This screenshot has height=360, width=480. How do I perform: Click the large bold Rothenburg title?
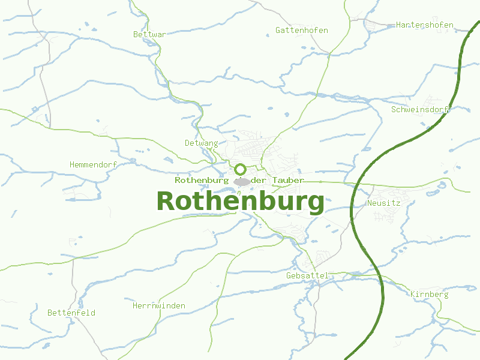240,202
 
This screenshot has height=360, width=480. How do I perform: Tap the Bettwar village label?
149,34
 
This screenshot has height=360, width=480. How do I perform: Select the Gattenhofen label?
301,30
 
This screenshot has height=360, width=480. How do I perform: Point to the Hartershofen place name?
424,25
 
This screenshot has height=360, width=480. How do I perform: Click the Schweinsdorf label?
420,109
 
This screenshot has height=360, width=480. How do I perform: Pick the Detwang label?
201,143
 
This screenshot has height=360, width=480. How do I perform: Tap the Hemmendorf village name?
93,164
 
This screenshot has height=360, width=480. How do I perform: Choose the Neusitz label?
383,203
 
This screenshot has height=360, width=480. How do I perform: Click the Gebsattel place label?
307,275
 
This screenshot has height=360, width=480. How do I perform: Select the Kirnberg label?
429,294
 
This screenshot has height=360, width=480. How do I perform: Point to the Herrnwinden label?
158,306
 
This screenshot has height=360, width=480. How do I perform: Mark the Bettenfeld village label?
71,313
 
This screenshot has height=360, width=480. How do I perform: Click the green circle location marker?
241,169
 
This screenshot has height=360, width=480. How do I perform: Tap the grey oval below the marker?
242,181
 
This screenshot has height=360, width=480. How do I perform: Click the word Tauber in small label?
287,180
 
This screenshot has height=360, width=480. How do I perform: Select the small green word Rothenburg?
202,180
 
